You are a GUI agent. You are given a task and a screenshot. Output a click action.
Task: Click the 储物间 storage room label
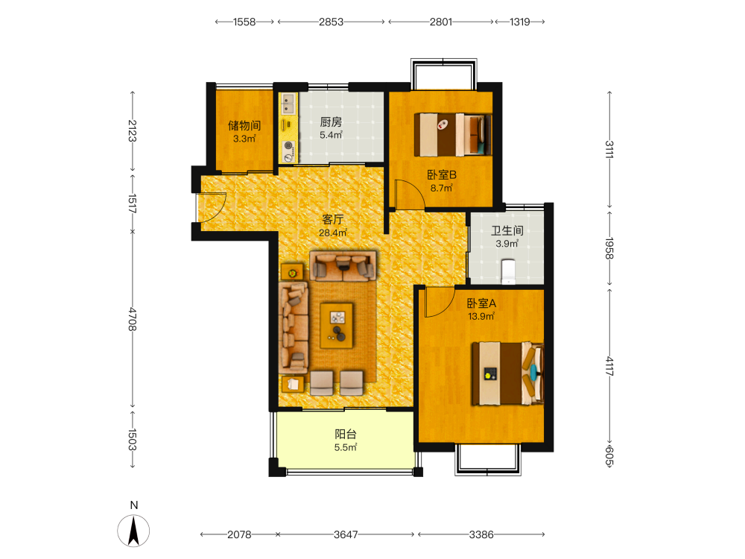244,125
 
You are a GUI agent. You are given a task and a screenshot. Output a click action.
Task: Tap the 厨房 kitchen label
332,122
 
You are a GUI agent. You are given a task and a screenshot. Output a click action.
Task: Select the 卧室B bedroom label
442,175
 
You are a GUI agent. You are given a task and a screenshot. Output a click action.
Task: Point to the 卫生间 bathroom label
507,230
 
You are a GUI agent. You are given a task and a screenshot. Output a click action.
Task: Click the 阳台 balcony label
346,434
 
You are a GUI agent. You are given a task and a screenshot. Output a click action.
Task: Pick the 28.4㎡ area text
332,233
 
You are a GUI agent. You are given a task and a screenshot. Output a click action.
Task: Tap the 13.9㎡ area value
481,316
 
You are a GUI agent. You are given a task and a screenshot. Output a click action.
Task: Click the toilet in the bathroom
508,271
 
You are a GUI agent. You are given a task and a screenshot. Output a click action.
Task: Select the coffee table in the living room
337,326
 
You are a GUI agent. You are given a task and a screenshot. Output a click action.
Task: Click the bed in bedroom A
507,373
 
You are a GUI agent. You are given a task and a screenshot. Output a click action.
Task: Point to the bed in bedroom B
453,134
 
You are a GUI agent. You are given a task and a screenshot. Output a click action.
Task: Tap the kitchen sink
288,104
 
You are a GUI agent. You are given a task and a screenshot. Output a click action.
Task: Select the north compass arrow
133,531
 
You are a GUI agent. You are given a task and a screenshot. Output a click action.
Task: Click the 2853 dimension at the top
332,22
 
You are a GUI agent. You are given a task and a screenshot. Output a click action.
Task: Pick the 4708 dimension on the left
133,319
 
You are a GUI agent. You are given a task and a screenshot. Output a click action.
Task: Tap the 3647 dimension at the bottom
346,534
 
